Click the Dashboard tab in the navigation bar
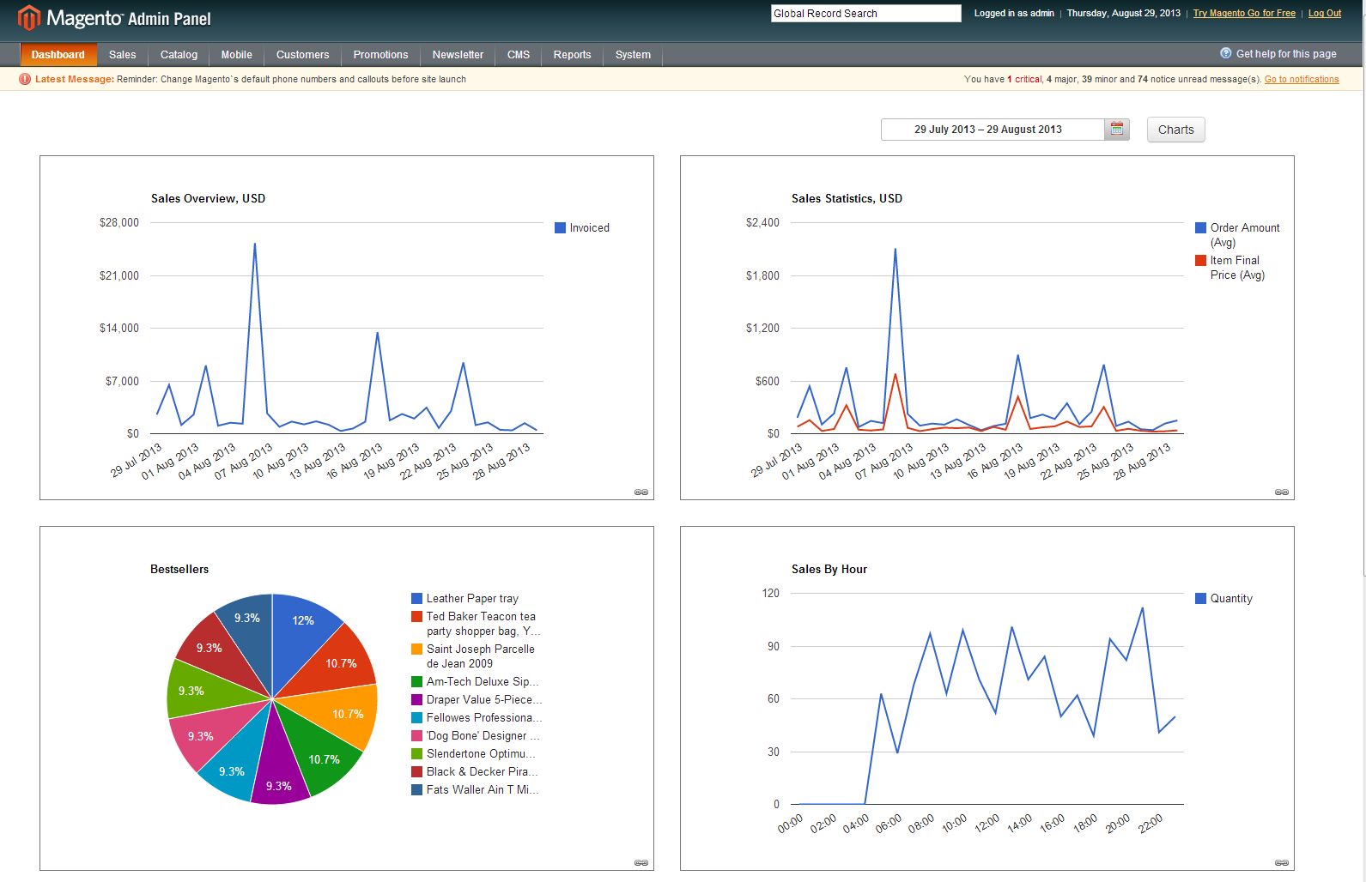click(x=58, y=54)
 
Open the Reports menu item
click(x=572, y=54)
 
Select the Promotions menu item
click(x=380, y=54)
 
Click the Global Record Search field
click(x=865, y=14)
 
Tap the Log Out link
click(x=1325, y=13)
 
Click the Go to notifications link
click(x=1302, y=79)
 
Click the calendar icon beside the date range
click(x=1117, y=129)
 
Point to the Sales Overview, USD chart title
click(x=208, y=198)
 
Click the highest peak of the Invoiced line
click(x=254, y=244)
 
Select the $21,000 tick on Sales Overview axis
click(x=119, y=275)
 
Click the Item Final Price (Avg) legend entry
click(x=1229, y=267)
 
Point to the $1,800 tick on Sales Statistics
click(x=762, y=275)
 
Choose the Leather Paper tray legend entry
click(x=465, y=598)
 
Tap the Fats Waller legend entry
click(x=475, y=789)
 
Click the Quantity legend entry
click(x=1223, y=598)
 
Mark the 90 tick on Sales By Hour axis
click(x=774, y=646)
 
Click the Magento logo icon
click(x=28, y=18)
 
